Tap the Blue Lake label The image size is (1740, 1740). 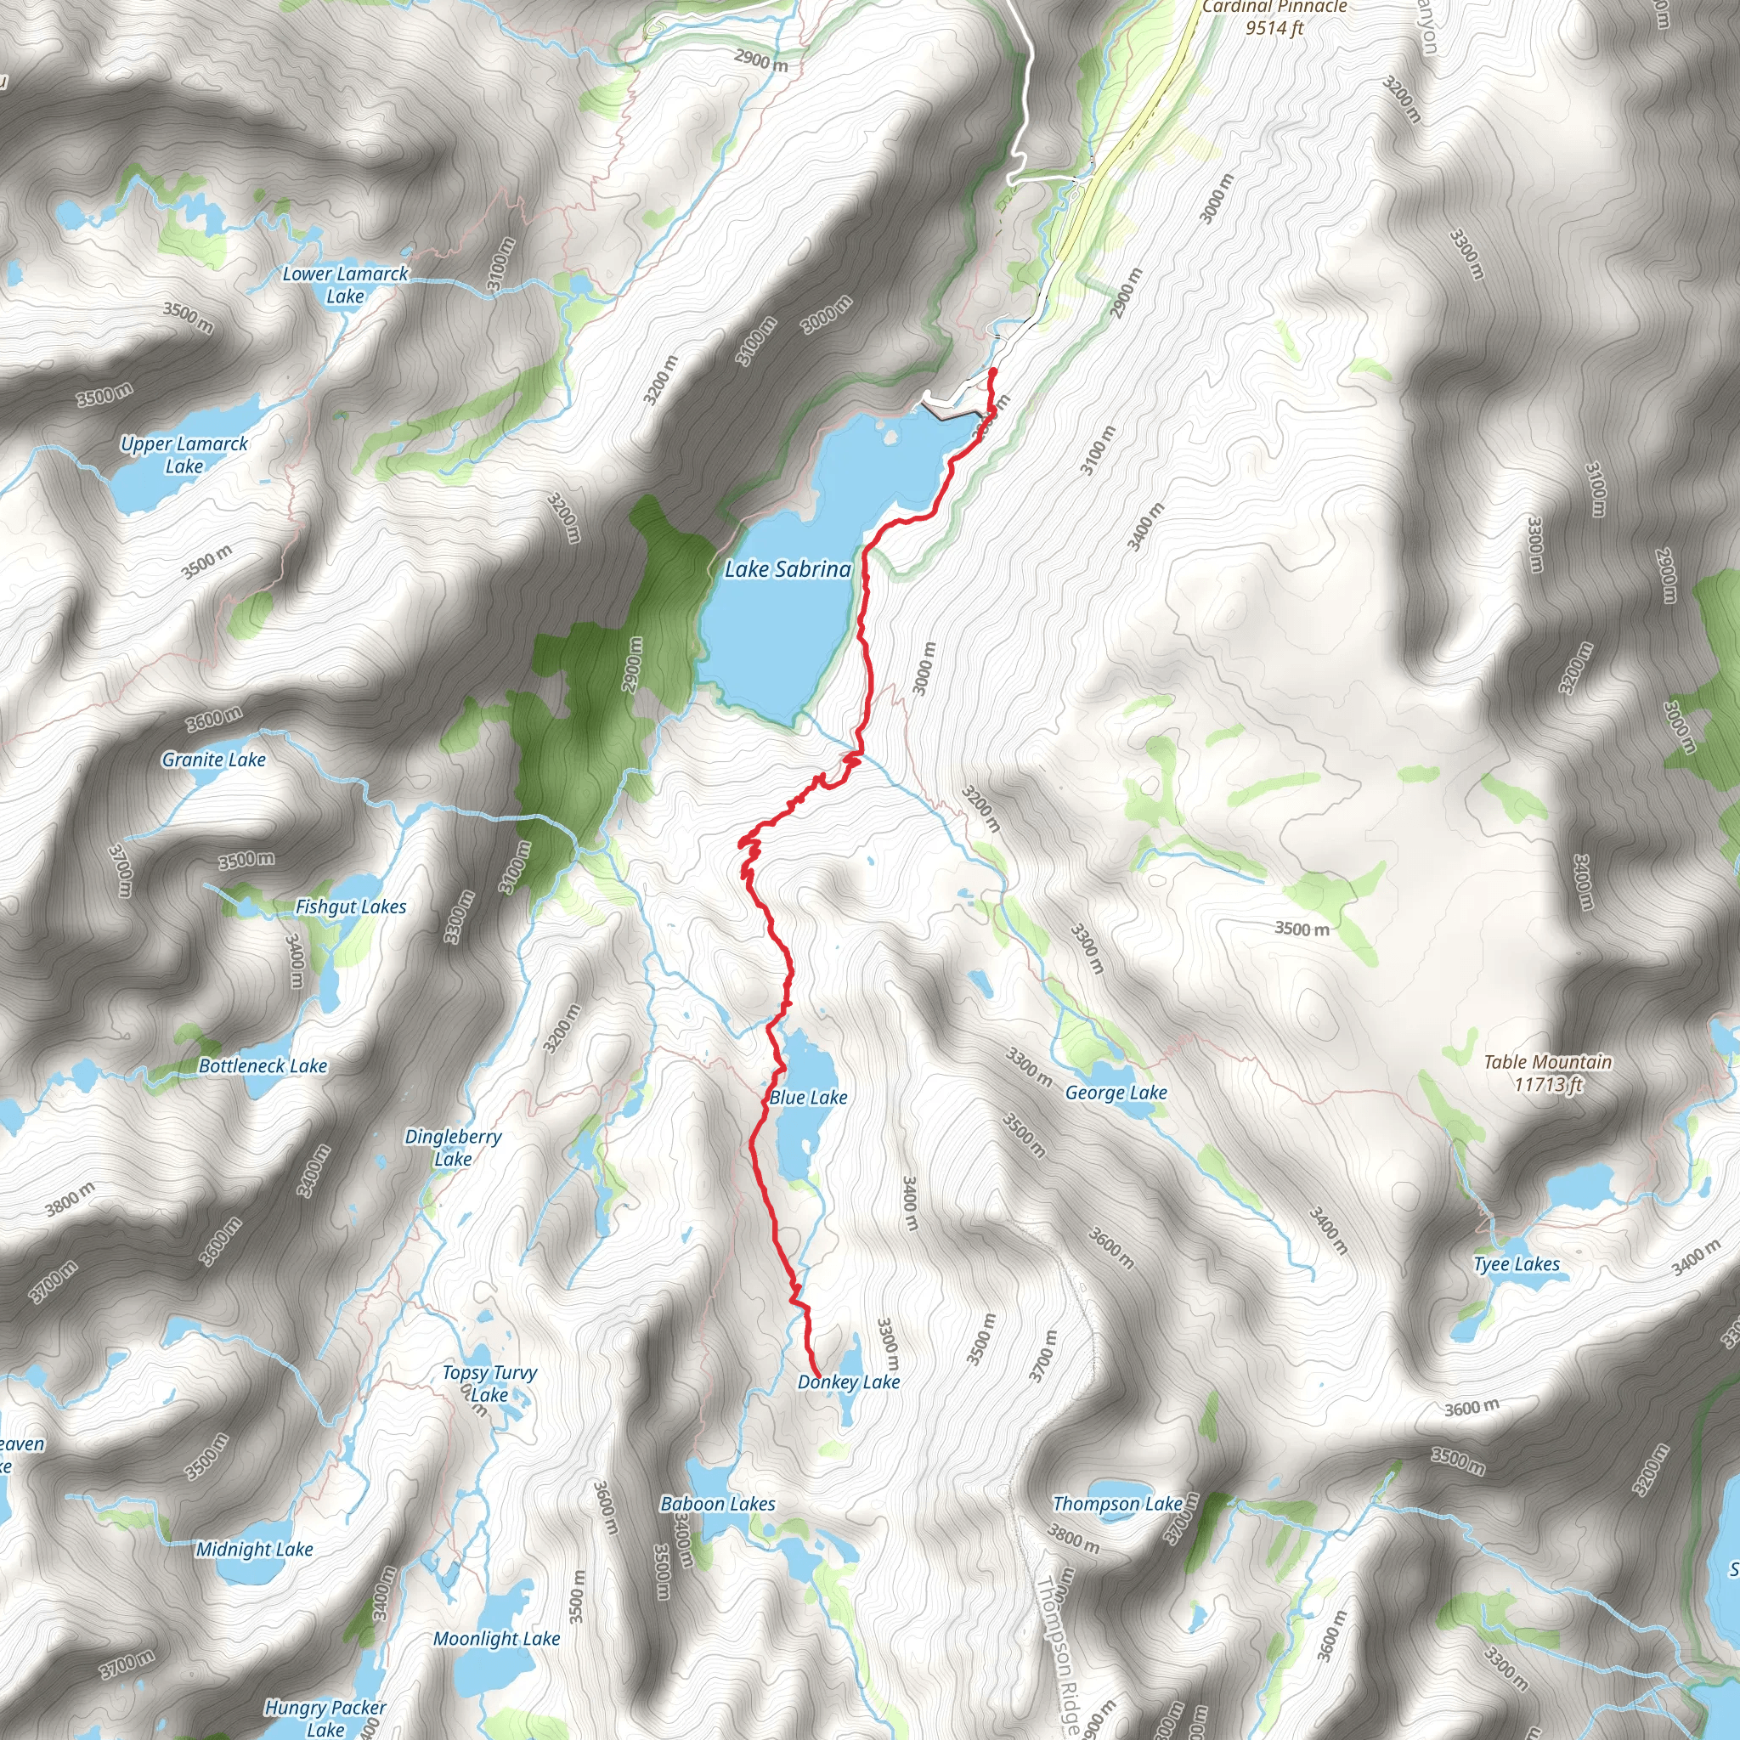coord(808,1097)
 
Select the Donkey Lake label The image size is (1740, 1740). coord(849,1381)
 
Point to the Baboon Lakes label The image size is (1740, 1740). coord(718,1503)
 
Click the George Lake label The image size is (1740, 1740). coord(1116,1093)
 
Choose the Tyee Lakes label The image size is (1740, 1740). coord(1517,1263)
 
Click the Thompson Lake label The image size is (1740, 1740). coord(1118,1503)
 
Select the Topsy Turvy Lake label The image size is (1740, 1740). coord(489,1383)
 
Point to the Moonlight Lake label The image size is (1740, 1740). coord(496,1638)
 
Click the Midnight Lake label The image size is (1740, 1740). coord(255,1549)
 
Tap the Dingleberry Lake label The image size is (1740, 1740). coord(453,1147)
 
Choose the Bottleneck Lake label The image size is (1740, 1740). coord(263,1065)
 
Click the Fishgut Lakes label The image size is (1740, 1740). coord(350,907)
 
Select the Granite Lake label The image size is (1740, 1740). coord(213,760)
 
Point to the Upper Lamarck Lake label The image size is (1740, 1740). coord(184,455)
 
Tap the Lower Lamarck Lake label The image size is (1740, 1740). coord(345,285)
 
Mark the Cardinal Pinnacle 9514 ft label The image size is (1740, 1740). coord(1274,17)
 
